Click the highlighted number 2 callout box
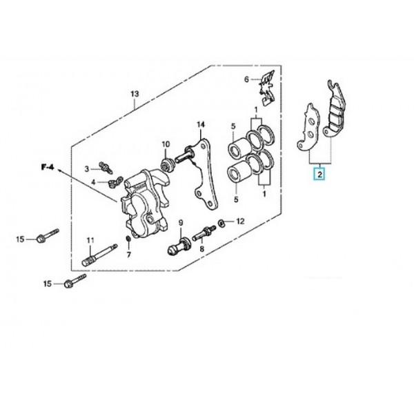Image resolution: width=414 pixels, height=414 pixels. pos(320,175)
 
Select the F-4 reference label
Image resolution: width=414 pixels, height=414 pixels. pos(48,168)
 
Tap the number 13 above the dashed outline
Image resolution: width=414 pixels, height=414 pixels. pos(135,94)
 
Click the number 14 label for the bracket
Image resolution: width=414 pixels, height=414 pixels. pos(201,124)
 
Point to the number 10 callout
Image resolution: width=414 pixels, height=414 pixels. pos(166,144)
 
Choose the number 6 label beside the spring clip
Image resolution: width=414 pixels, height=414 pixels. pos(246,79)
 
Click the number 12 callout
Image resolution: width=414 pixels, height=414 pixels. pos(240,221)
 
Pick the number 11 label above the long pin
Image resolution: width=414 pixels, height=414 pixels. pos(90,240)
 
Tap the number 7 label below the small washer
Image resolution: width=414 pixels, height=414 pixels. pos(129,255)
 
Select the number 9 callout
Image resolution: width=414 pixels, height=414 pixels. pos(181,223)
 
